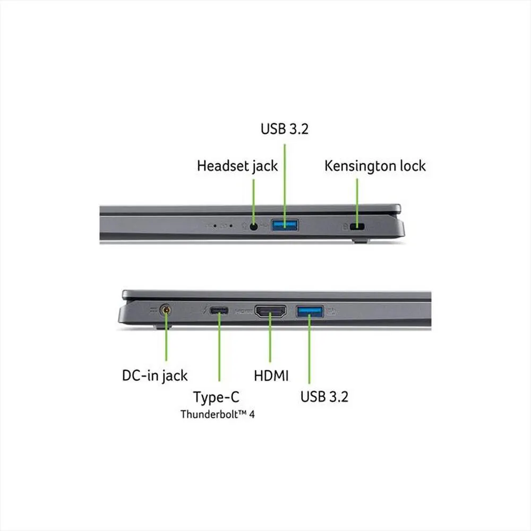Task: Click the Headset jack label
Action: [x=237, y=166]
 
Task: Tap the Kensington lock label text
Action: [x=375, y=166]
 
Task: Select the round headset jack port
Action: [x=254, y=226]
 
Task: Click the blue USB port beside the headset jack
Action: [x=285, y=226]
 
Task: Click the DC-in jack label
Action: [x=155, y=376]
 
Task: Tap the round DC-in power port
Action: [x=166, y=311]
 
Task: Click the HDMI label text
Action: [x=271, y=376]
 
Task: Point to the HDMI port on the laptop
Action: [x=271, y=311]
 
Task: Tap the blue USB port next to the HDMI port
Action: [x=310, y=311]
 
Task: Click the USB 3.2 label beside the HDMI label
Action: [x=324, y=396]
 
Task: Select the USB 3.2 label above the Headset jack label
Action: [x=285, y=130]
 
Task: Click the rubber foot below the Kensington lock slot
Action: [x=360, y=241]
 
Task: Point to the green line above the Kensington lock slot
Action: [x=357, y=199]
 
